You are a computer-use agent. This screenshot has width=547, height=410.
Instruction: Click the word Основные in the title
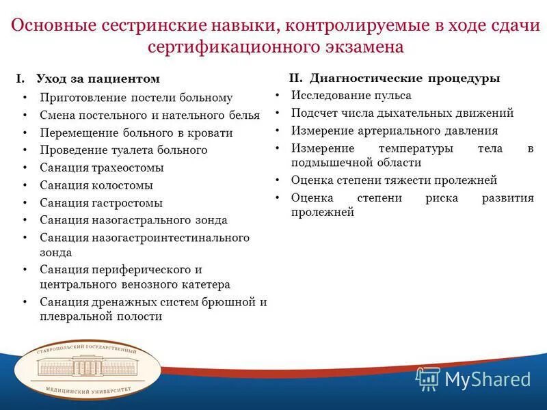57,25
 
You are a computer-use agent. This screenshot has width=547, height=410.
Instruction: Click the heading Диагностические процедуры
405,78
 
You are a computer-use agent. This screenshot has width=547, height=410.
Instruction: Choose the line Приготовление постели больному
136,98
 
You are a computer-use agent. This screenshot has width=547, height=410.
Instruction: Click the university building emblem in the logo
87,368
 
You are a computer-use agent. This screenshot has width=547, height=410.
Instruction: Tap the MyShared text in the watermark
488,379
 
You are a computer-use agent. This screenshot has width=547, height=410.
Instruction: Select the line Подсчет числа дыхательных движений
402,113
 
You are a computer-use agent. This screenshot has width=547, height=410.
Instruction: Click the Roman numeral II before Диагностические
295,78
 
